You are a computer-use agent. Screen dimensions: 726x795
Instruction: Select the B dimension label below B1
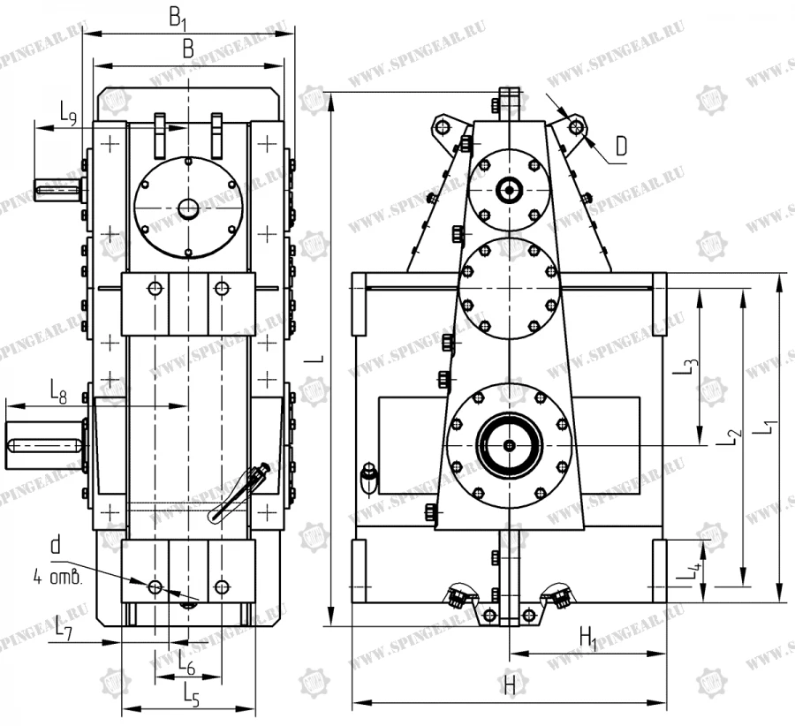187,50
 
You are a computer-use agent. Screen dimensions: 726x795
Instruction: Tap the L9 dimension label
68,112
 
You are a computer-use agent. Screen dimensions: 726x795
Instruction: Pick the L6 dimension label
186,659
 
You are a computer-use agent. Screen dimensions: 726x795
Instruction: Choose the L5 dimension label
191,694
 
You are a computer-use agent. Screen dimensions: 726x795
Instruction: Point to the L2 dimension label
730,435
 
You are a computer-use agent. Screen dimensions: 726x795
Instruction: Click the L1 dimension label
769,430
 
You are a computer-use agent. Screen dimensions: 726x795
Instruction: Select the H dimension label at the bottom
510,684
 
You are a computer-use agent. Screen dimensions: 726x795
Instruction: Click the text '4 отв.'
57,579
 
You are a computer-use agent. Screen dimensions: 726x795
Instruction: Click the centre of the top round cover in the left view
187,208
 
